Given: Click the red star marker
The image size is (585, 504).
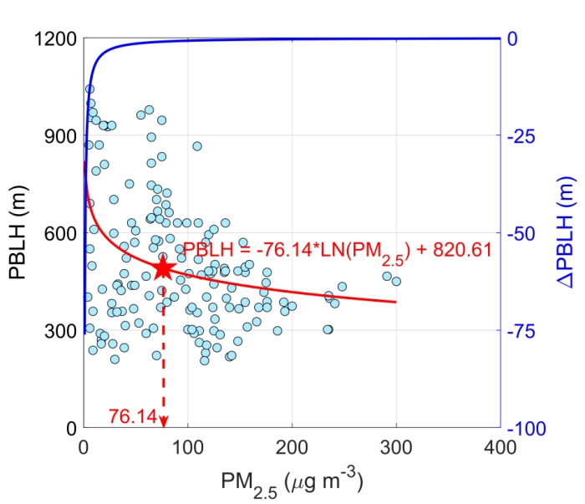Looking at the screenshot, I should (x=164, y=268).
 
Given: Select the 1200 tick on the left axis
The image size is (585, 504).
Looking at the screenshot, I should (x=56, y=39).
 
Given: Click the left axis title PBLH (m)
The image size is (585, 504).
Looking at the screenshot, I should (x=18, y=233).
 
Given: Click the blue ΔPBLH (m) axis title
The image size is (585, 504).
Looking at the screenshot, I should (x=566, y=233).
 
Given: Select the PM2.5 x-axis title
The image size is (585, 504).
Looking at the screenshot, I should (x=291, y=481).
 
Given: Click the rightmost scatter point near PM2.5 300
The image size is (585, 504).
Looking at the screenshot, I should (x=396, y=281).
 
